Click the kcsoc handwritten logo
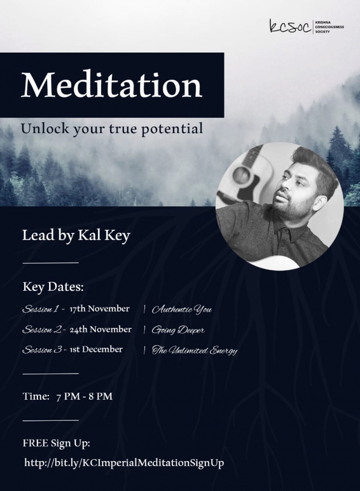tap(290, 27)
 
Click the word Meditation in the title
tap(111, 85)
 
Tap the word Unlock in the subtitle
tap(45, 128)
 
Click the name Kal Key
tap(104, 236)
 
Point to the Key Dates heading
tap(53, 287)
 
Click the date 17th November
tap(99, 309)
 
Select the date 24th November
tap(101, 329)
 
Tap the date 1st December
tap(96, 350)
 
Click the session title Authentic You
tap(182, 310)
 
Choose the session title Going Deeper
tap(178, 330)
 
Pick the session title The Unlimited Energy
tap(194, 351)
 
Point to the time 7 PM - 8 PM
tap(84, 396)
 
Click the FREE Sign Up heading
tap(56, 444)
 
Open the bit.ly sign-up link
tap(124, 463)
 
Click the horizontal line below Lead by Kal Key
tap(51, 263)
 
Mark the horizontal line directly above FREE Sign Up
tap(51, 421)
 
